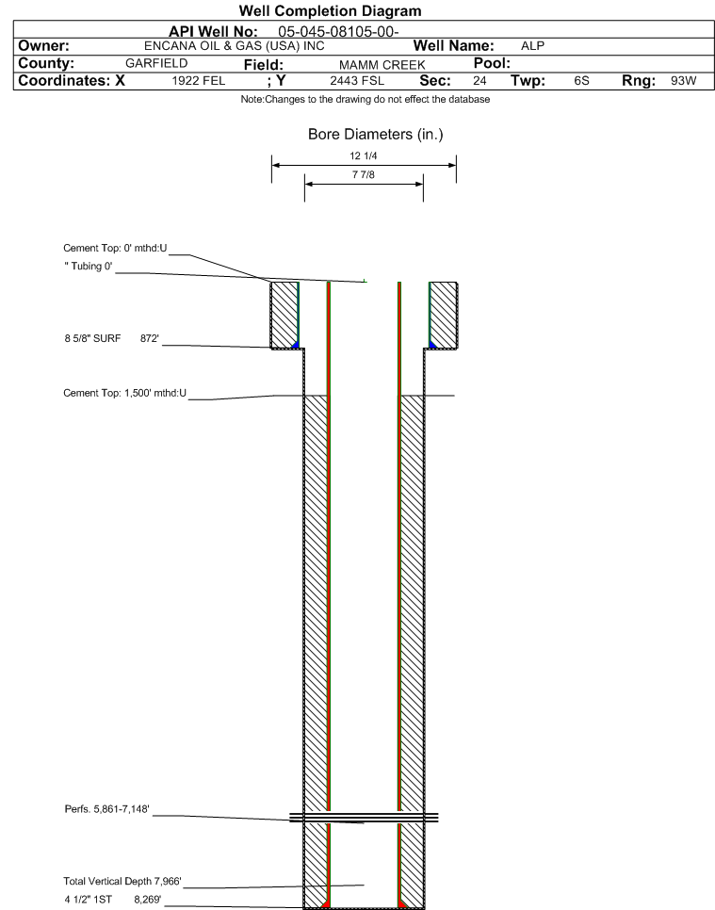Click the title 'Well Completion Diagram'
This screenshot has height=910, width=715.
pos(331,11)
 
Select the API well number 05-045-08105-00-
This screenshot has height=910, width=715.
pos(338,32)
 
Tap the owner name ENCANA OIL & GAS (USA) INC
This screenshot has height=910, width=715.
pos(235,46)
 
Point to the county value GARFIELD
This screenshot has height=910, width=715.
pos(156,63)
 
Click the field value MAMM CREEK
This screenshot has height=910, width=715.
pos(382,65)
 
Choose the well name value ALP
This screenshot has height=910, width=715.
pos(533,46)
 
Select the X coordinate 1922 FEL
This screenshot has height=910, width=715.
pos(199,81)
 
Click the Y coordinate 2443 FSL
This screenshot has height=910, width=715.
pos(357,81)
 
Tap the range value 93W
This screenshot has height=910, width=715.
pos(684,81)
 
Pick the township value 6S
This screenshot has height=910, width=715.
pos(581,81)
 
